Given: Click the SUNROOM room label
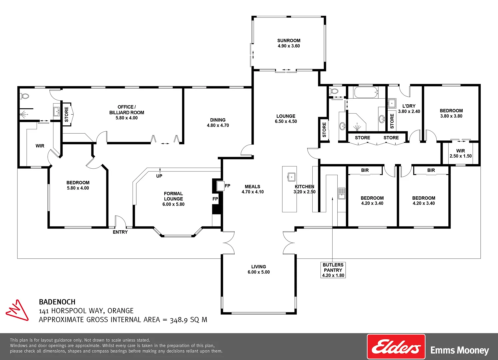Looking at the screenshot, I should tap(289, 41).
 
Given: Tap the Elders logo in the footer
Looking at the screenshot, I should tap(396, 347).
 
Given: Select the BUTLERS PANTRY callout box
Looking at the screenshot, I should tap(333, 270).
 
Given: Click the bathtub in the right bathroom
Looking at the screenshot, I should tap(366, 92).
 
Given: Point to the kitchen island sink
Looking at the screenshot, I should tap(292, 176).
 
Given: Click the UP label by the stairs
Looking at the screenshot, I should tap(159, 176).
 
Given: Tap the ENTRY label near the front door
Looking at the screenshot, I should tap(120, 232).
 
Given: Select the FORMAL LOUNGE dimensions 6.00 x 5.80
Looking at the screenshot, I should tap(173, 204).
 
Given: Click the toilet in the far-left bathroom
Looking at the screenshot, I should tap(25, 96).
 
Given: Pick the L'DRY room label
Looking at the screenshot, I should tap(409, 106).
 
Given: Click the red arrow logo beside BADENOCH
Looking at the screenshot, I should tap(17, 310).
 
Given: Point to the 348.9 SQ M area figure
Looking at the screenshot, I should tap(188, 320).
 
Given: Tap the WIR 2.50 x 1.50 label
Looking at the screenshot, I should tap(460, 153).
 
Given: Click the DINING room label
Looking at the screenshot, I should tap(218, 120).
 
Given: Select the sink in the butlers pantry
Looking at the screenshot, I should tap(342, 193).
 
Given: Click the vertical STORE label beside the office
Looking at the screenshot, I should tap(66, 114).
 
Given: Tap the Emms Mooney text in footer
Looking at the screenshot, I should tap(459, 350).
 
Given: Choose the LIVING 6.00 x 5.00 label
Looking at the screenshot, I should tap(258, 269).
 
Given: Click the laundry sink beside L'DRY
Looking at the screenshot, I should tap(392, 103).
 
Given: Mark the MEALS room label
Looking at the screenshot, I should tap(252, 187).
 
